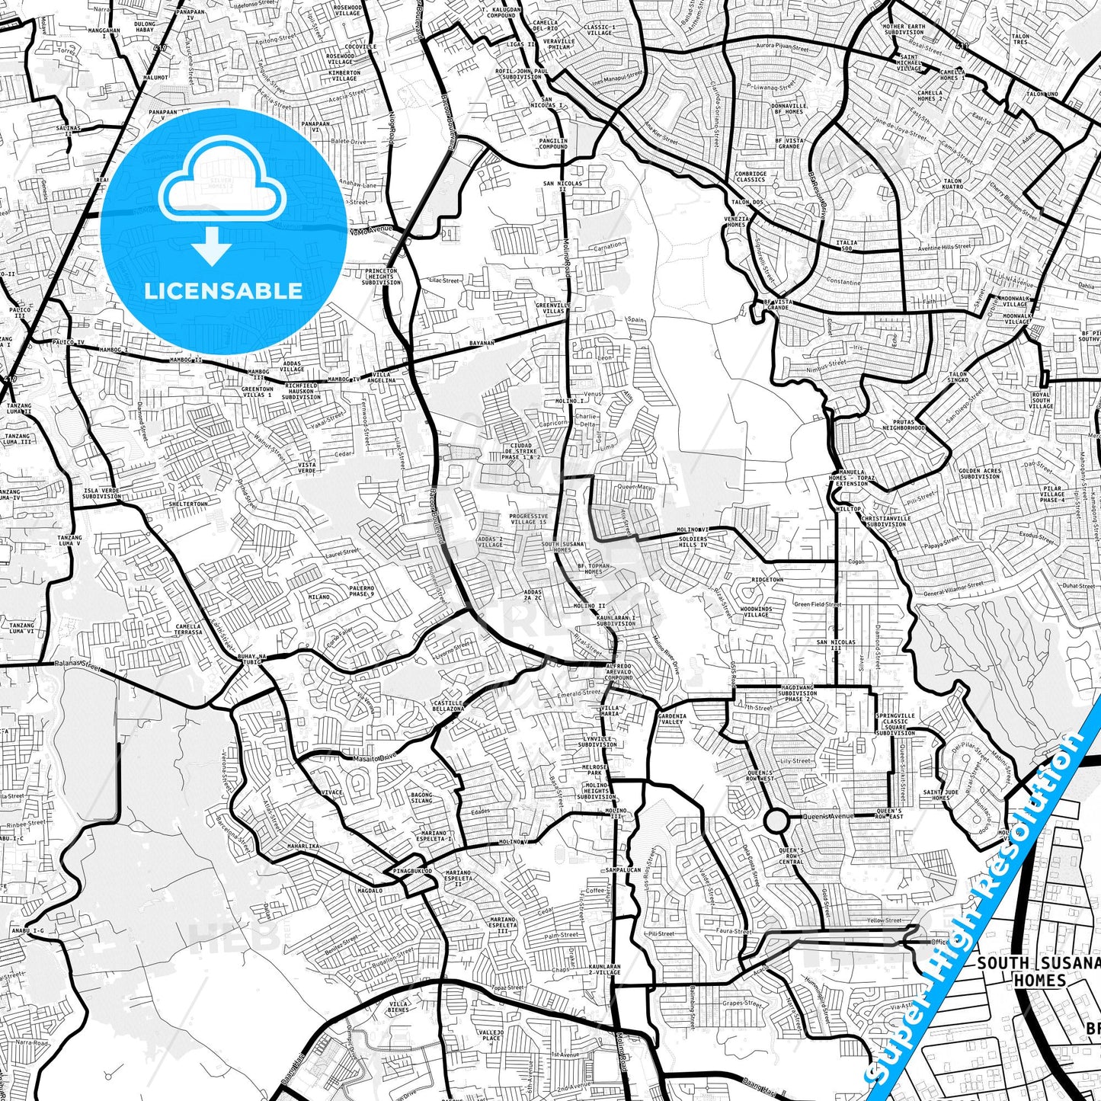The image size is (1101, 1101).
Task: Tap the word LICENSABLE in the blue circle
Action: pyautogui.click(x=223, y=291)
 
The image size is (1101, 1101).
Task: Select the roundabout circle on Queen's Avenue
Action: pyautogui.click(x=776, y=821)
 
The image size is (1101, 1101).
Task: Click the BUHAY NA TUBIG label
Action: pyautogui.click(x=251, y=659)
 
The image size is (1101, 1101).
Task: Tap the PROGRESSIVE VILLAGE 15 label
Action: pyautogui.click(x=528, y=519)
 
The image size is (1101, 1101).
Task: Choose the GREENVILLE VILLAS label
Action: pyautogui.click(x=550, y=309)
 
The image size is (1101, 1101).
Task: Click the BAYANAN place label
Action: pyautogui.click(x=482, y=344)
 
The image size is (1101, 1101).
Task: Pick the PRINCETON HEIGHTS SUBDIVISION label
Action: pyautogui.click(x=382, y=277)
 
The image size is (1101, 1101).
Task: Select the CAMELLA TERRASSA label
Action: pyautogui.click(x=188, y=629)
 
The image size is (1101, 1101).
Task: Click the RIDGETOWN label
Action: pyautogui.click(x=767, y=580)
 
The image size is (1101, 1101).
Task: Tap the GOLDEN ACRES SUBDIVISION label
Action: pyautogui.click(x=980, y=473)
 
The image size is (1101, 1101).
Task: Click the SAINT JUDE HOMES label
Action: pyautogui.click(x=940, y=795)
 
